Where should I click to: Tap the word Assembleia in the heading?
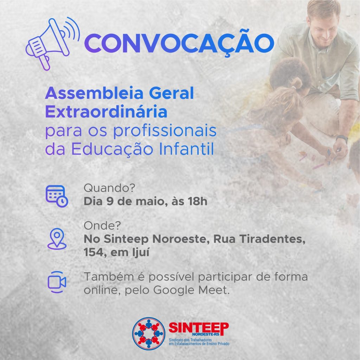[94, 93]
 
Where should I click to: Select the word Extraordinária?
[106, 111]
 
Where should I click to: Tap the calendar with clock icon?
[57, 196]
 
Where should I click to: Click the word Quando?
[109, 188]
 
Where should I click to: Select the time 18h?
[198, 201]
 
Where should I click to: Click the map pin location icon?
[57, 239]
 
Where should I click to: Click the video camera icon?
[57, 282]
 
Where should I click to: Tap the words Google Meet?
[191, 290]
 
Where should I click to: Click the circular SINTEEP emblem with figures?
[149, 333]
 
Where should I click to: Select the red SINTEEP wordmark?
[199, 328]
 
